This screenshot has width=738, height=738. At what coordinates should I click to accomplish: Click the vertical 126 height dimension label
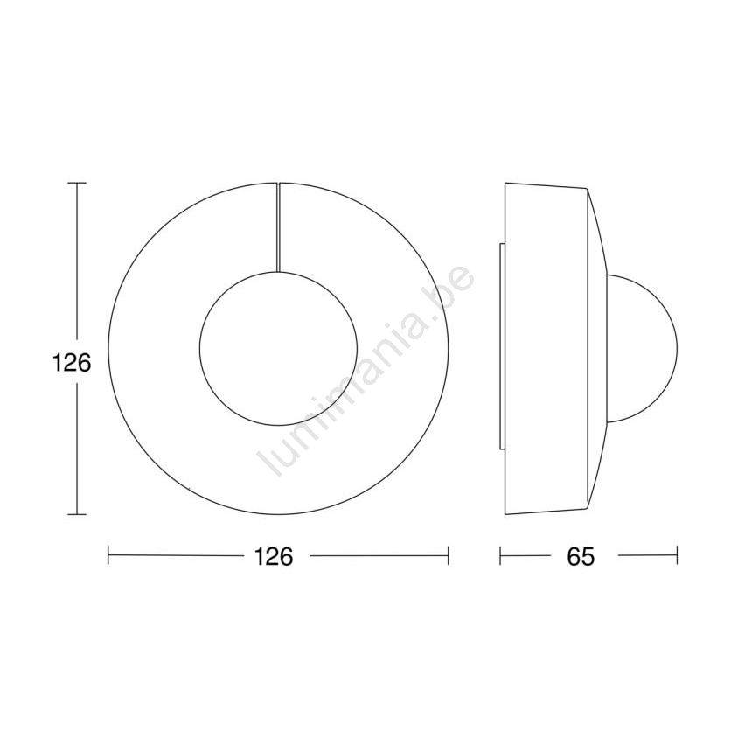tap(71, 363)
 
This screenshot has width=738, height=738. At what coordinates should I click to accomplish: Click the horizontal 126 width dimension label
tap(274, 556)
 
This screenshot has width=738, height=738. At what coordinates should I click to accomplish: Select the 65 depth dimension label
tap(581, 556)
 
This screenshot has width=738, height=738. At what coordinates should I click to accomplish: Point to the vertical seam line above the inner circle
tap(278, 227)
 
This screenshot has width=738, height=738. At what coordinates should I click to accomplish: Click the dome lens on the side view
tap(677, 349)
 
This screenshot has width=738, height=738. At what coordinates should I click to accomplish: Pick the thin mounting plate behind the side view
tap(502, 346)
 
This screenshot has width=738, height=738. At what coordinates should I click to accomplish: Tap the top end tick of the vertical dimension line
tap(77, 183)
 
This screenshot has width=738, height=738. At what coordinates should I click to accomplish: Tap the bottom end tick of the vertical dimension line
tap(77, 514)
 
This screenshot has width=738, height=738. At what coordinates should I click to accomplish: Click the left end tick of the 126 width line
tap(108, 555)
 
